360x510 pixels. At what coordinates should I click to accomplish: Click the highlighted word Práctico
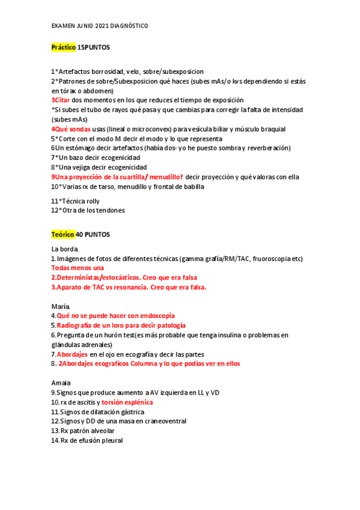tap(64, 47)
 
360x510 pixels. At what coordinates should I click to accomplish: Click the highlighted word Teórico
tap(63, 233)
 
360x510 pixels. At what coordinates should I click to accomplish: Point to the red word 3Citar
tap(60, 100)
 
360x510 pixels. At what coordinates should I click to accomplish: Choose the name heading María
tap(60, 306)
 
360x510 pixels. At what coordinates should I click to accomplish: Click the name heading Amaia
tap(61, 382)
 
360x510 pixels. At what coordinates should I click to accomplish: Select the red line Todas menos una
tap(77, 268)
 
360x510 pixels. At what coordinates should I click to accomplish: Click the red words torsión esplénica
tap(127, 402)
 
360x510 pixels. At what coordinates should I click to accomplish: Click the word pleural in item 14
tap(111, 440)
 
